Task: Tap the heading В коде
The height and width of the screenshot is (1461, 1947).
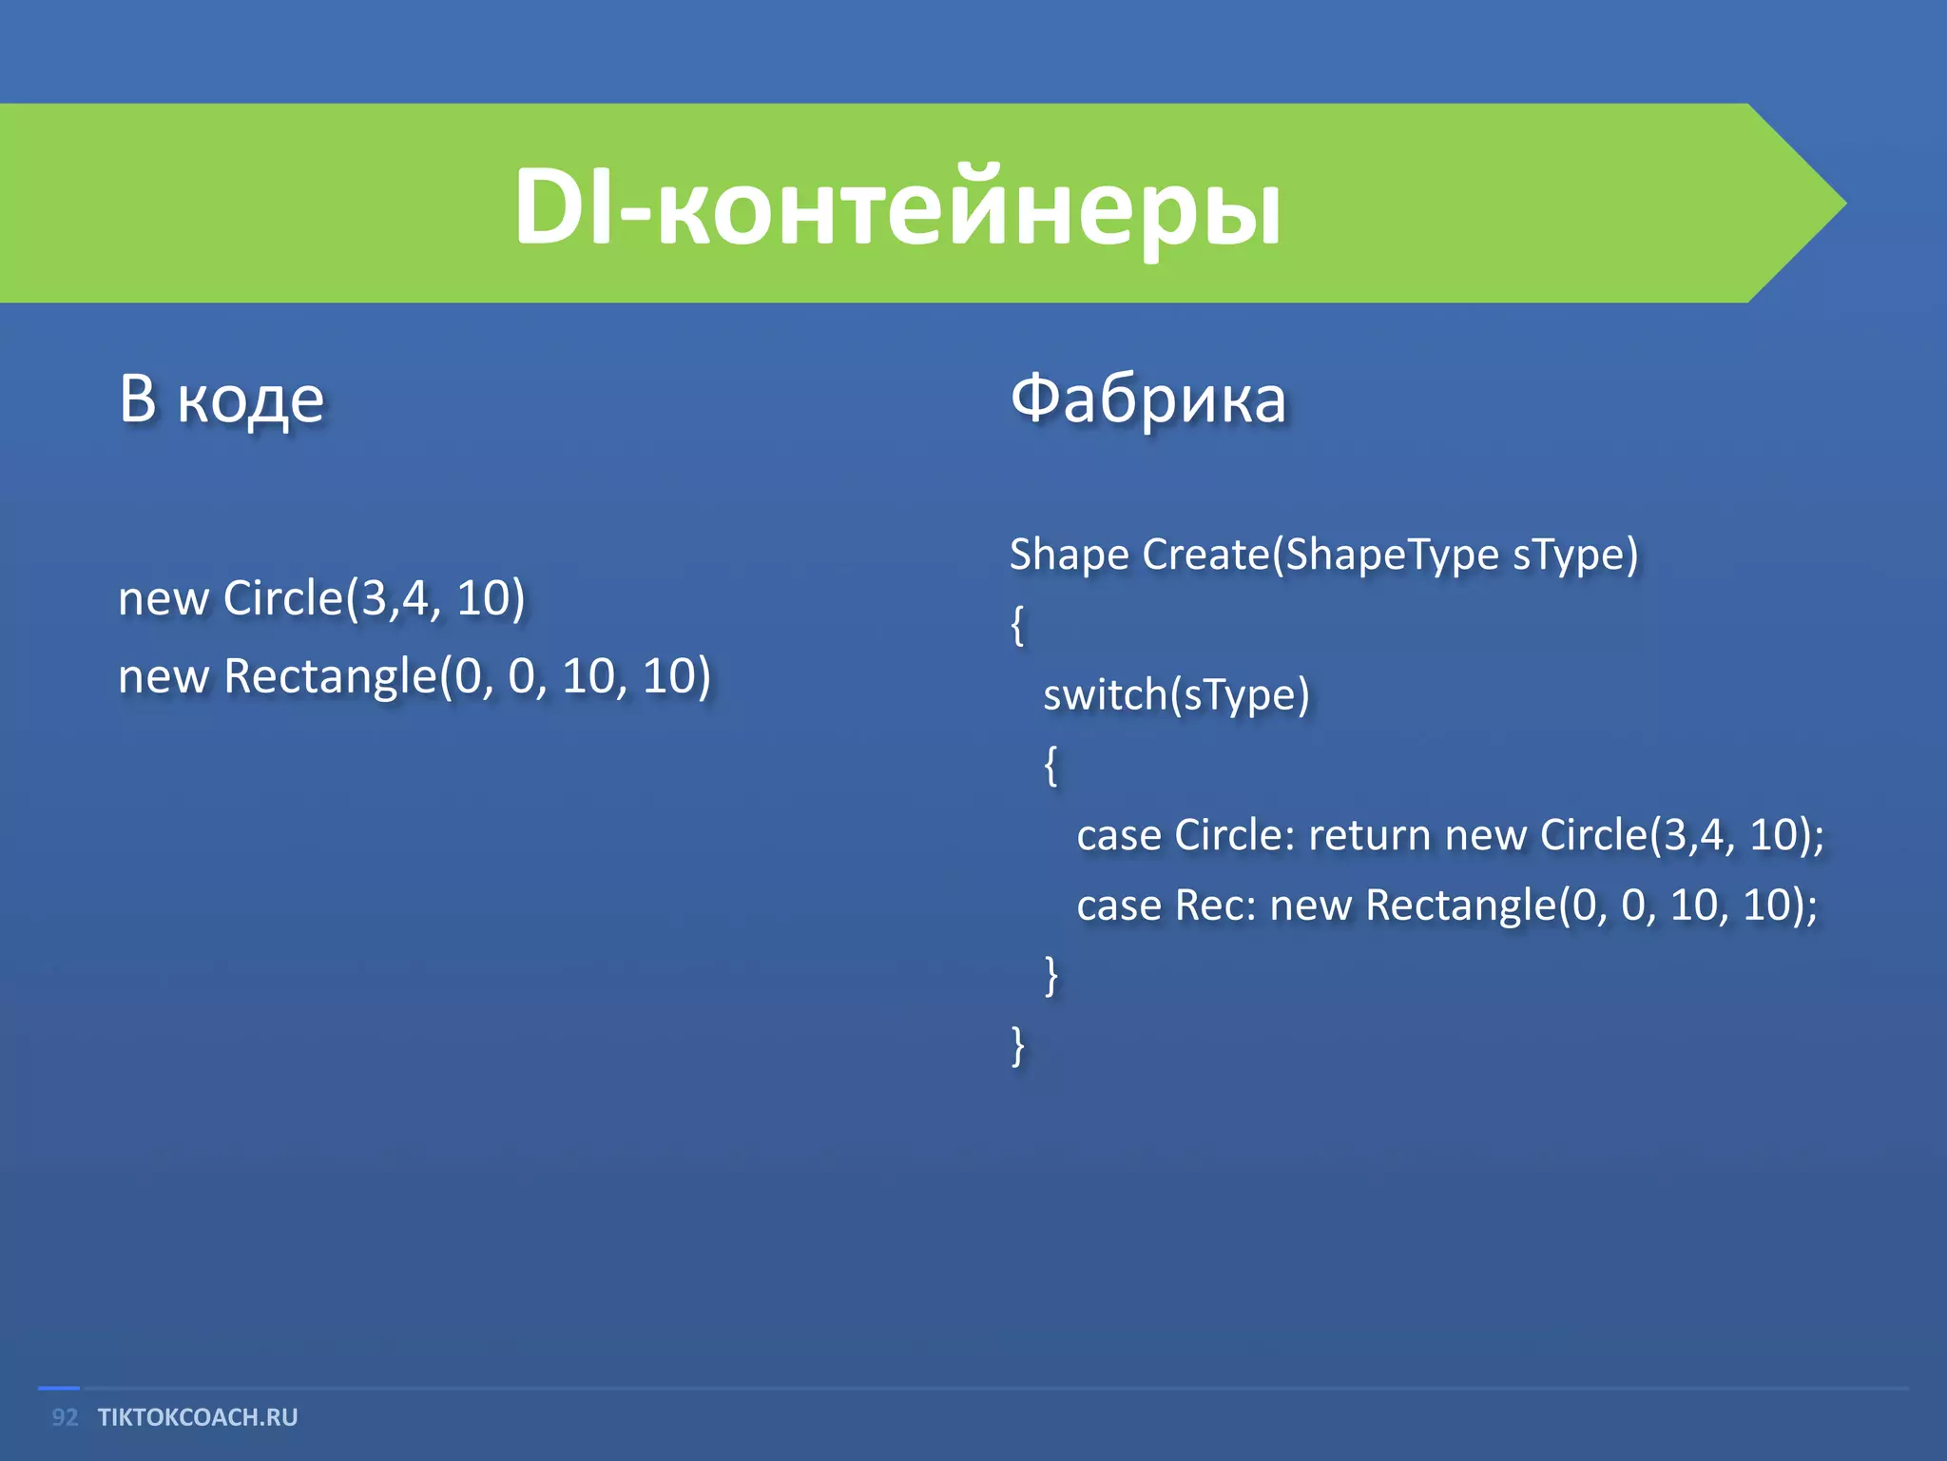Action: [x=222, y=399]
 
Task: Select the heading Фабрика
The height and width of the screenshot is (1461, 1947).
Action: [x=1147, y=399]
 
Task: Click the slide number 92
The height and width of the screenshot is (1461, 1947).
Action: [x=65, y=1417]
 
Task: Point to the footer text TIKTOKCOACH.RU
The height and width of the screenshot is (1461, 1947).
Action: [x=198, y=1417]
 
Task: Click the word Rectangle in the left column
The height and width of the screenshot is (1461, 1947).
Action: [x=330, y=677]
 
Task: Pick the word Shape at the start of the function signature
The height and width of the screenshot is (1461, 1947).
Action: [x=1069, y=555]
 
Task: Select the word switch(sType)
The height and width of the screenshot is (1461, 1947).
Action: [x=1176, y=695]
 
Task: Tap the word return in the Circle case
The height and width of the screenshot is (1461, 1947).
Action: [x=1369, y=835]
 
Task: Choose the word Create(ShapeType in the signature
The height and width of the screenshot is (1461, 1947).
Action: [x=1320, y=555]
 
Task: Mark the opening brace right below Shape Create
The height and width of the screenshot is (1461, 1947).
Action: [x=1017, y=625]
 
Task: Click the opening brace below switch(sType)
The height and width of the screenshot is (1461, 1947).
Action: [x=1051, y=765]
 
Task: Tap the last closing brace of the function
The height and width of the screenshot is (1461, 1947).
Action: [x=1017, y=1046]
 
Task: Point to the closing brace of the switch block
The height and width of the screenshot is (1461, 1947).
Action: [x=1051, y=976]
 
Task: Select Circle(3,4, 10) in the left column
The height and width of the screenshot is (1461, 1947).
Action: [x=374, y=599]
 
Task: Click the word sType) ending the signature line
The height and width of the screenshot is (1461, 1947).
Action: [x=1575, y=555]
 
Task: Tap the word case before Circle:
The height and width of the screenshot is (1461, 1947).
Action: [x=1119, y=835]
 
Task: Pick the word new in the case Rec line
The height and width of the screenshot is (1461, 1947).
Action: [x=1310, y=906]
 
